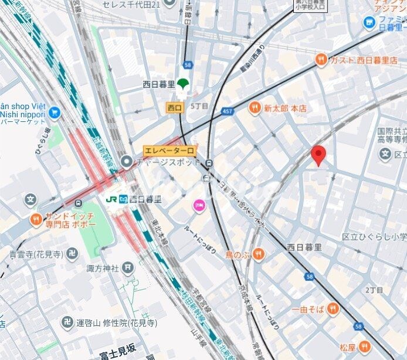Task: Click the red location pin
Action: coord(318,155)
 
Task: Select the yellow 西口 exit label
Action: coord(175,107)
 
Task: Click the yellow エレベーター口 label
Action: coord(169,151)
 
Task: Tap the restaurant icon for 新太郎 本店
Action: coord(254,107)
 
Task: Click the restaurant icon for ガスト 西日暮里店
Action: coord(320,60)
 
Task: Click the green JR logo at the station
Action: coord(111,199)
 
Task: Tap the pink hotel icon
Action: coord(199,206)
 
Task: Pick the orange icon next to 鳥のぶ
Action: coord(259,254)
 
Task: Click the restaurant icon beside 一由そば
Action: coord(333,308)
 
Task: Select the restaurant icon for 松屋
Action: coord(365,347)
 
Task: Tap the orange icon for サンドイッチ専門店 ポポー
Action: coord(36,220)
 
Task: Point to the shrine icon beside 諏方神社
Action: coord(128,269)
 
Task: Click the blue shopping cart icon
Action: coord(55,111)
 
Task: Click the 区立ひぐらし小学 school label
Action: coord(374,237)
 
